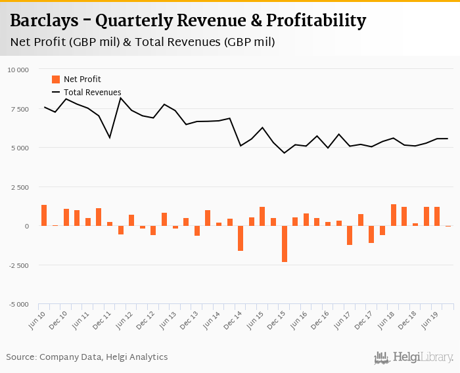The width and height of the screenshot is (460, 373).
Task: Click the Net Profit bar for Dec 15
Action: [x=285, y=244]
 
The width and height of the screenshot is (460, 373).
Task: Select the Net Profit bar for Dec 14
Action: [x=241, y=238]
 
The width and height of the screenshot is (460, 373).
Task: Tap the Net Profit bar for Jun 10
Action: [x=44, y=215]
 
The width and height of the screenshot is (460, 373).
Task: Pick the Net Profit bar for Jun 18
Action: [x=394, y=215]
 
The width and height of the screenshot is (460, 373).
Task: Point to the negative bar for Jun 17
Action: [x=350, y=235]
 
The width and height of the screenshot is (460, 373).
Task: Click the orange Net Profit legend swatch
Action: [x=56, y=79]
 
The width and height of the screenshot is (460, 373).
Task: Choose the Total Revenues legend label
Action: [x=92, y=93]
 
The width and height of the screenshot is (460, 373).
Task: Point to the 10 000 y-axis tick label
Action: [x=18, y=70]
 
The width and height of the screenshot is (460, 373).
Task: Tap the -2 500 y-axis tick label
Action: [x=18, y=265]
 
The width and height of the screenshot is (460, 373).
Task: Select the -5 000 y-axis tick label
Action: [x=18, y=305]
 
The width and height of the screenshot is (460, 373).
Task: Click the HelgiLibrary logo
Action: [x=414, y=357]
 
